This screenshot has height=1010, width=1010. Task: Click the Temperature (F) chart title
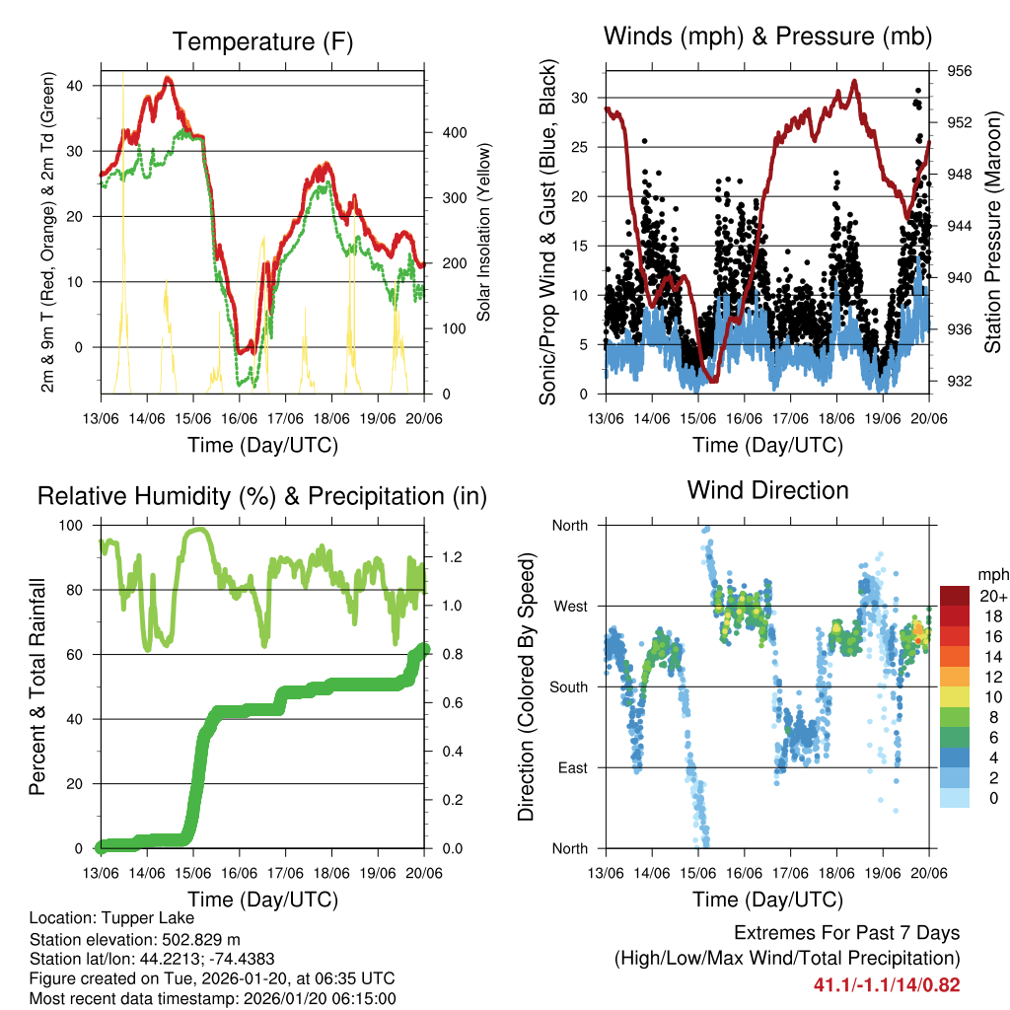click(x=262, y=41)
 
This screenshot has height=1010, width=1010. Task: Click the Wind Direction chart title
click(x=767, y=489)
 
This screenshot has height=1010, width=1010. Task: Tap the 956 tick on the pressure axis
click(x=960, y=71)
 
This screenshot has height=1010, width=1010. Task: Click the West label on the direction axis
click(x=569, y=606)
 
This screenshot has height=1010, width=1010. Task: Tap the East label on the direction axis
click(x=571, y=767)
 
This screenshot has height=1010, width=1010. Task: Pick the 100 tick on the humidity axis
click(x=73, y=525)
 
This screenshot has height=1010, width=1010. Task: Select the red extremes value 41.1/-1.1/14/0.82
click(x=887, y=984)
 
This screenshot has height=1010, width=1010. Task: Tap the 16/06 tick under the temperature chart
click(x=240, y=419)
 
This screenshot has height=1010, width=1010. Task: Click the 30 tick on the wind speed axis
click(x=580, y=98)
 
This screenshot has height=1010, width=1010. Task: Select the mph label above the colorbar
click(x=991, y=574)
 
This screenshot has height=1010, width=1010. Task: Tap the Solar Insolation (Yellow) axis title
click(x=484, y=232)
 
